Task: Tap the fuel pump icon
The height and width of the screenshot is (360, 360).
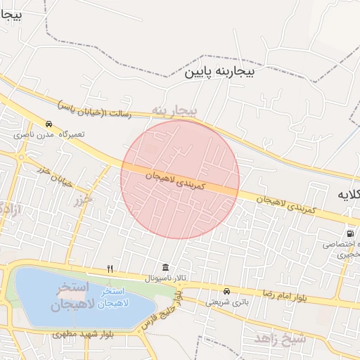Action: coord(349,233)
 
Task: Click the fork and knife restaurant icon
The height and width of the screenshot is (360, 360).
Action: coord(110,269)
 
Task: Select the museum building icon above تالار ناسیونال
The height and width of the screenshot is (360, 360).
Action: coord(165,267)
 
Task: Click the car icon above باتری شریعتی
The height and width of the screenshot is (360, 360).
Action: coord(226,291)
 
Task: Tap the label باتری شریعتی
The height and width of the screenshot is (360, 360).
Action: coord(227,302)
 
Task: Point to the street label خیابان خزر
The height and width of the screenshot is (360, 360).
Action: coord(54,175)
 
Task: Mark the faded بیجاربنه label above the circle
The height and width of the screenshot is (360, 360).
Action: coord(174,110)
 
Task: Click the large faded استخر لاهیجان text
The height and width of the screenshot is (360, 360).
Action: coord(68,296)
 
